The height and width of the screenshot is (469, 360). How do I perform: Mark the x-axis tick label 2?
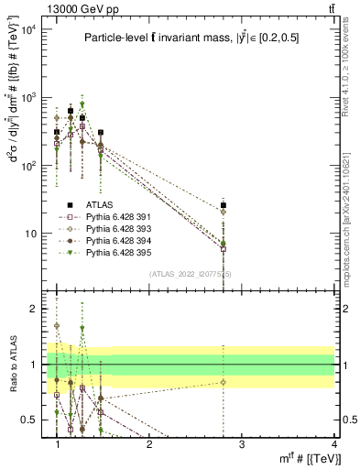click(149, 443)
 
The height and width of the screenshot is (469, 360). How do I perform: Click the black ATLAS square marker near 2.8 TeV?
click(224, 205)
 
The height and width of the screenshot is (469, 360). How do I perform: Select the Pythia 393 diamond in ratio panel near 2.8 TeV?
click(224, 382)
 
